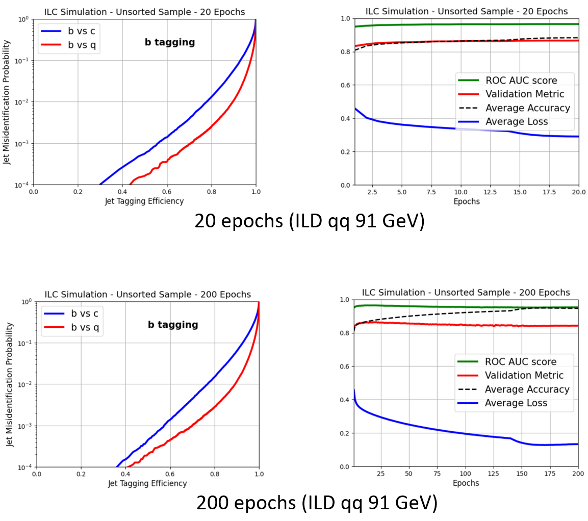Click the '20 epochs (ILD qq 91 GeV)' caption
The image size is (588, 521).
(310, 221)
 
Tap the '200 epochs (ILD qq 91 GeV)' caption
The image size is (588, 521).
(317, 503)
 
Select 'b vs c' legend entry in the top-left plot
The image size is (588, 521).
(68, 31)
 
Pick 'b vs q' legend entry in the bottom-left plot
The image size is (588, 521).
(71, 327)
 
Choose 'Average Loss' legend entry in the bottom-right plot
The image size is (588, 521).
(503, 403)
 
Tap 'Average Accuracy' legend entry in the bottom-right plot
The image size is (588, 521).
(514, 389)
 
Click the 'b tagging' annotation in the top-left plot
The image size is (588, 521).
(170, 42)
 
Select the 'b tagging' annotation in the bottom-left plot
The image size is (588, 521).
(173, 325)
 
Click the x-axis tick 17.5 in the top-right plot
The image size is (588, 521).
(549, 192)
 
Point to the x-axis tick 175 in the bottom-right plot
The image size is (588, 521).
(550, 474)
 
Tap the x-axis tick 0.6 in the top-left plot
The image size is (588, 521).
(167, 192)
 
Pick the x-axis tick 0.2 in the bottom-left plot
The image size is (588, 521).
(81, 474)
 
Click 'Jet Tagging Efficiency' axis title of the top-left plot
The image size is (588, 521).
(144, 201)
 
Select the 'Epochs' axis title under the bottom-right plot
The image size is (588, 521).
(466, 483)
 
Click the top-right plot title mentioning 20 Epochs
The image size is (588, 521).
(467, 12)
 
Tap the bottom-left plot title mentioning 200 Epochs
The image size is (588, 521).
(148, 294)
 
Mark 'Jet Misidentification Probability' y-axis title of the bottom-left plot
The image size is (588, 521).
(9, 384)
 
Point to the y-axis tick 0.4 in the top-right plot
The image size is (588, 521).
(345, 118)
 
